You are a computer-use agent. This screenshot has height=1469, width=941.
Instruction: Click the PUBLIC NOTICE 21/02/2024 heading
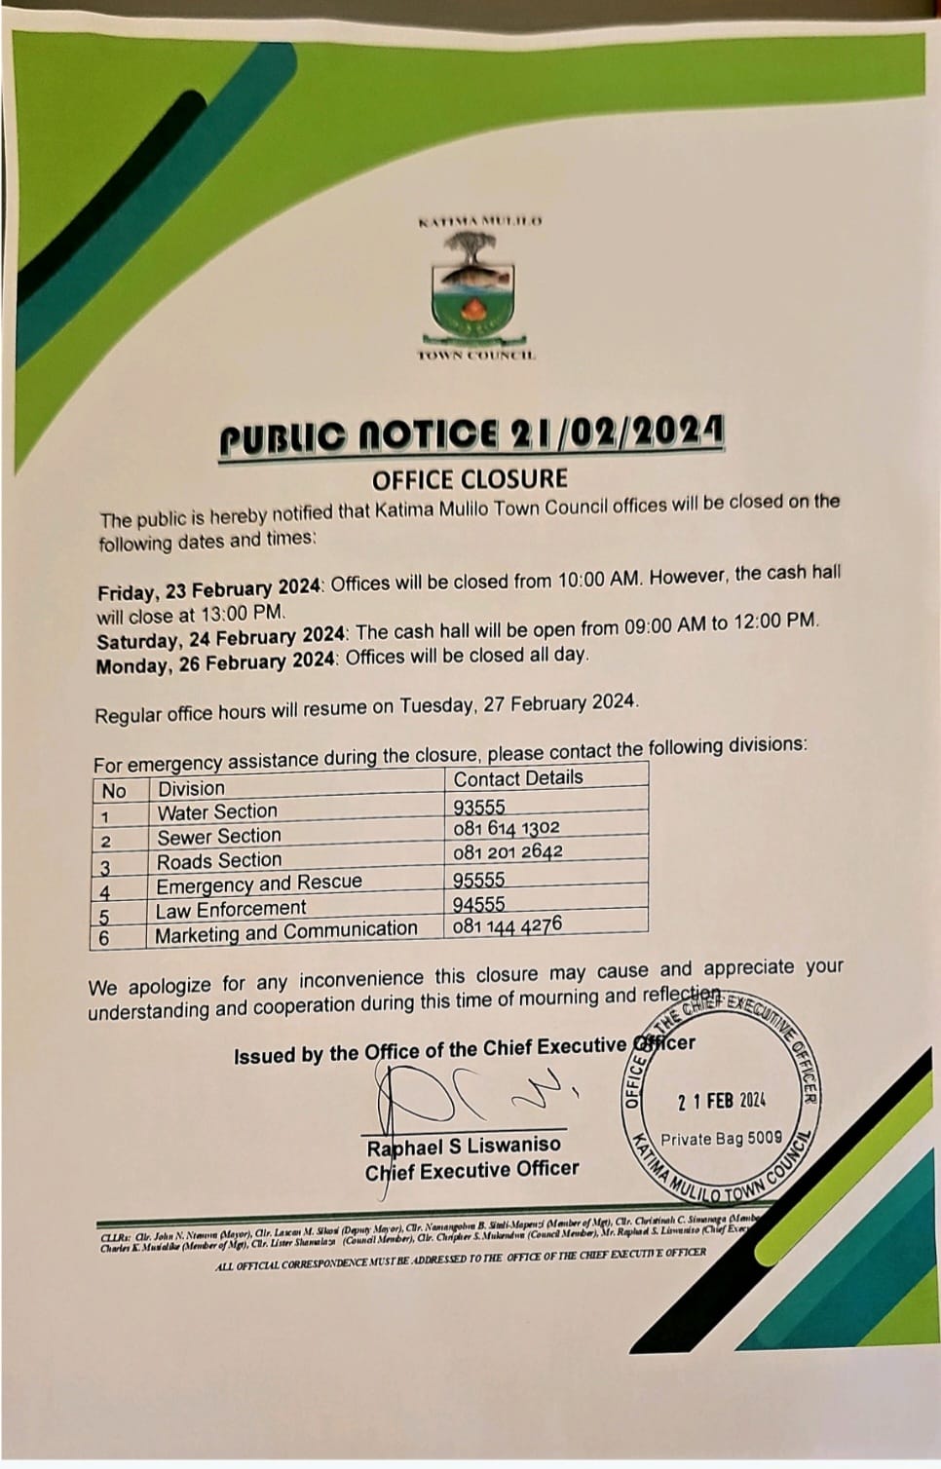[x=472, y=435]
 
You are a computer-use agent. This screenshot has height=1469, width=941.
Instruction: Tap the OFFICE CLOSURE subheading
[x=469, y=479]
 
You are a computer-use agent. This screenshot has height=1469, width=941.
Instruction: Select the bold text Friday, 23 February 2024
[x=208, y=589]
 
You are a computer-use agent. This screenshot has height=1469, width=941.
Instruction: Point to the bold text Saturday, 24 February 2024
[x=220, y=638]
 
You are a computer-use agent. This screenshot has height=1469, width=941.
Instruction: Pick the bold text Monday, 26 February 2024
[x=216, y=663]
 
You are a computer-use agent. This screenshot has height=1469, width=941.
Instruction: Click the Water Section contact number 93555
[x=479, y=807]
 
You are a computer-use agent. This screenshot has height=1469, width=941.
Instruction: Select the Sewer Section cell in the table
[x=219, y=836]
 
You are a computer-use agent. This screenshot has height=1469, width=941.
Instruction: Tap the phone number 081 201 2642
[x=508, y=852]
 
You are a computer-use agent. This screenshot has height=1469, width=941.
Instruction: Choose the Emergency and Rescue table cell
[x=259, y=884]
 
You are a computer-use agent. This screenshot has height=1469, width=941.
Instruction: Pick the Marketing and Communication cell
[x=286, y=932]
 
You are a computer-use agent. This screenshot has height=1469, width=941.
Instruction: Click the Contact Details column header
[x=517, y=778]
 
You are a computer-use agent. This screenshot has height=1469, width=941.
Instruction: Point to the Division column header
[x=191, y=788]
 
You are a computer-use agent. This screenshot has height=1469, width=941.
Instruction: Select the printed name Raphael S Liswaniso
[x=464, y=1146]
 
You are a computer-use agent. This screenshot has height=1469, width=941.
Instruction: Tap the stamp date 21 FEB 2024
[x=721, y=1101]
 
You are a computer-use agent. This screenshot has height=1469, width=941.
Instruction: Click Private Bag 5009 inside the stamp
[x=721, y=1138]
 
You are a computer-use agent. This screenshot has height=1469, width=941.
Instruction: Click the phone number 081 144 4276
[x=507, y=924]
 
